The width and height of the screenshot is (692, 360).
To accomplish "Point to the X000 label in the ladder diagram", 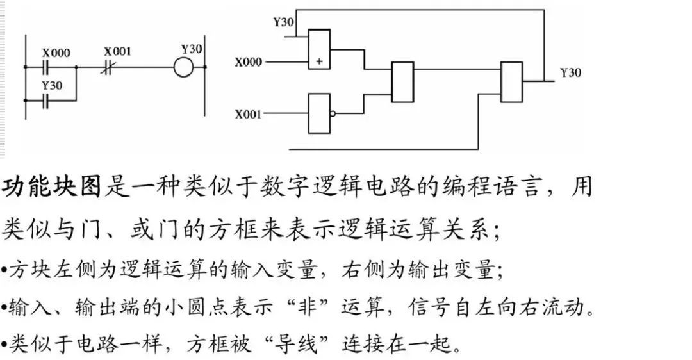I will [56, 53].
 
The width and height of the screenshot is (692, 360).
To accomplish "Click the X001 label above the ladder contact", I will [117, 51].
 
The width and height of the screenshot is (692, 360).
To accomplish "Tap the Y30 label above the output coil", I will [192, 49].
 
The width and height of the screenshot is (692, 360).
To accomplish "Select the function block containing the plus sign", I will [319, 49].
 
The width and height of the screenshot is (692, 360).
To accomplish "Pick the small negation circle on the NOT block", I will [333, 114].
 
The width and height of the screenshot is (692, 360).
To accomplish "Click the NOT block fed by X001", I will [319, 114].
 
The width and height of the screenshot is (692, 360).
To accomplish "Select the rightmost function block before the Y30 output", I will [512, 82].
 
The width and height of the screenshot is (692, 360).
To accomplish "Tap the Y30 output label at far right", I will [570, 72].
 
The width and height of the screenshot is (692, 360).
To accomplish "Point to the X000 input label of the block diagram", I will [248, 62].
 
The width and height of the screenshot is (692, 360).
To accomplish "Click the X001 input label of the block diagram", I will [248, 115].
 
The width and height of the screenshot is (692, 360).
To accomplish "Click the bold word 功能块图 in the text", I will [52, 188].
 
